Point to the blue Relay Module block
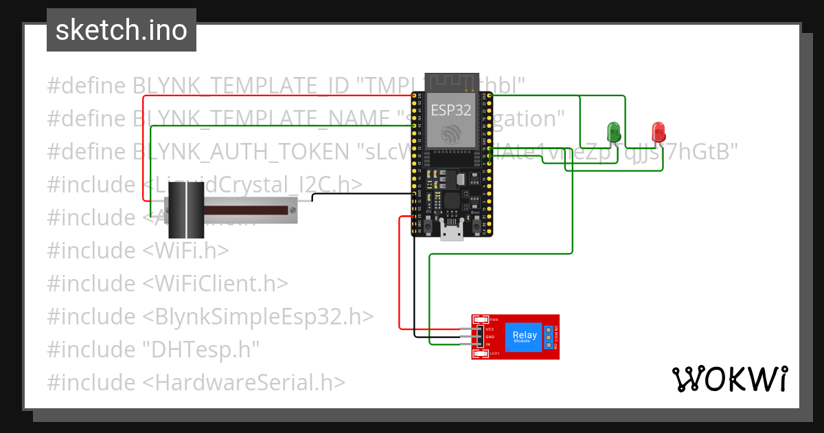click(x=526, y=337)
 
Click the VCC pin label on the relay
click(x=490, y=329)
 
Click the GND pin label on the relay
click(x=490, y=337)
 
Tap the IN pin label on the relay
click(x=488, y=344)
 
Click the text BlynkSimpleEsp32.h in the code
click(x=260, y=316)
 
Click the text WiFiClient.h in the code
click(x=216, y=283)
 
